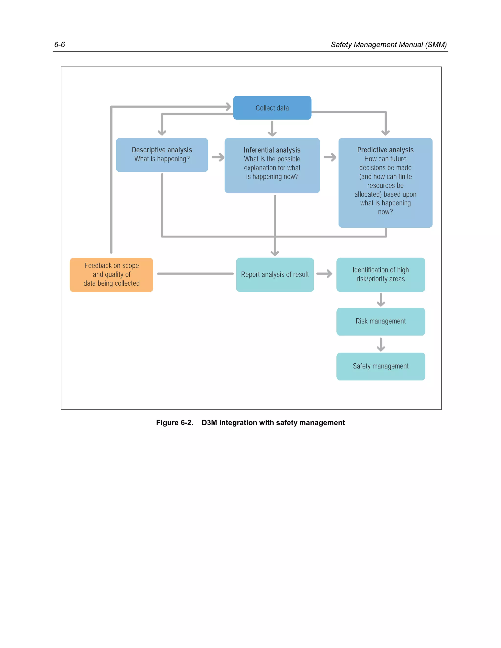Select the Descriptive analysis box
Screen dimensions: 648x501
(x=162, y=155)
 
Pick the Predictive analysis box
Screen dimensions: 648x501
(x=385, y=182)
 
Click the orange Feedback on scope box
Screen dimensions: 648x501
(x=111, y=274)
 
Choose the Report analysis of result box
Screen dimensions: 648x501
(x=275, y=274)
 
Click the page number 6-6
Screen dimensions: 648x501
(x=59, y=45)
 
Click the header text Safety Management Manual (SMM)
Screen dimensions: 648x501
(x=388, y=45)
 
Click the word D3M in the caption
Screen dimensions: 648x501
(x=209, y=423)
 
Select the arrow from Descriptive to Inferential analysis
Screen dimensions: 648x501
(x=218, y=157)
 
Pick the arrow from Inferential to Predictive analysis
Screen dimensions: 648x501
(x=330, y=157)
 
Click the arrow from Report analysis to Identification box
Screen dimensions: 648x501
(x=324, y=274)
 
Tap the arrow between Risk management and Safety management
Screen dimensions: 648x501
(x=381, y=344)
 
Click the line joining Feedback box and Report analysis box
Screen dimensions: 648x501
(x=195, y=274)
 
